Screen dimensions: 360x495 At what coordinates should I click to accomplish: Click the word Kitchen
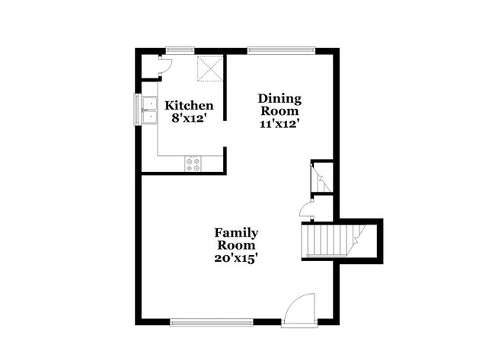[189, 105]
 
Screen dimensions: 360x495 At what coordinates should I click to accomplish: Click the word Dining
[279, 98]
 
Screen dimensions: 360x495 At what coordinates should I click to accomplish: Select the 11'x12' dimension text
[279, 123]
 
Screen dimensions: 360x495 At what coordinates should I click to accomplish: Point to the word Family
[235, 233]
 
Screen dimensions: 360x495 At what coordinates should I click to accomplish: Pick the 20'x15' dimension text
[235, 258]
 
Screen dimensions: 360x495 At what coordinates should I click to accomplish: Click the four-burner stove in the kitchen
[193, 162]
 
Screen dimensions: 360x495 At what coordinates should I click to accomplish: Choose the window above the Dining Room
[279, 51]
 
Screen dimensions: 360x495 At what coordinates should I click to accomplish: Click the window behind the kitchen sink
[138, 109]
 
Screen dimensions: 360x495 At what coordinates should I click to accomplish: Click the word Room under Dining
[279, 110]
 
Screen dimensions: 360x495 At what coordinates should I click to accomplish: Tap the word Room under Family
[235, 245]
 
